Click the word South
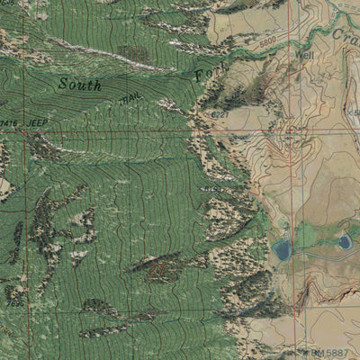click(x=79, y=85)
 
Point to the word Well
click(x=304, y=54)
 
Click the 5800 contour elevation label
click(x=266, y=41)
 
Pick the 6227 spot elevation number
click(x=219, y=114)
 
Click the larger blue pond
click(x=283, y=249)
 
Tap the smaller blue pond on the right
click(x=345, y=241)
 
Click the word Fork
click(x=203, y=72)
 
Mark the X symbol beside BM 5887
click(x=310, y=354)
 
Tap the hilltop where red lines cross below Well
click(x=293, y=134)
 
